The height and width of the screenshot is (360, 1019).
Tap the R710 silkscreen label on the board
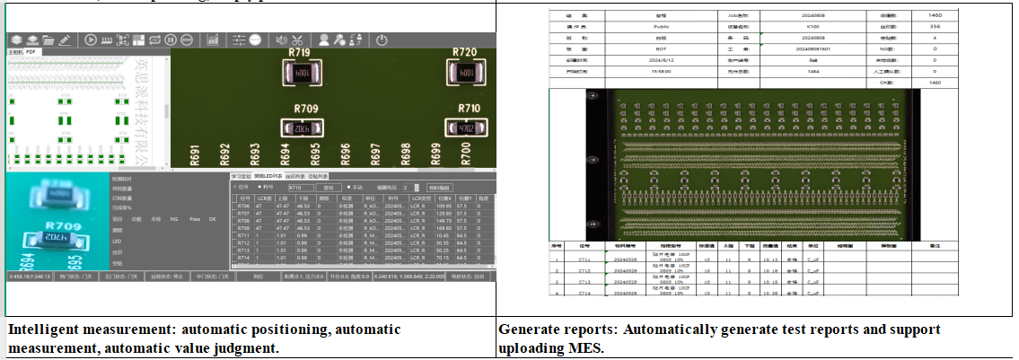[469, 108]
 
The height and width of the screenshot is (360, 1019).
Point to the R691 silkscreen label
[193, 154]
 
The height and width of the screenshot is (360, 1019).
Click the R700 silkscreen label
[466, 154]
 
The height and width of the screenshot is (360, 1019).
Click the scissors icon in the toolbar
[298, 40]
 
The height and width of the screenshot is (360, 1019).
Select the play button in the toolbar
[91, 40]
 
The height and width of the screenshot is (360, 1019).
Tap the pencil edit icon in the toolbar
[64, 40]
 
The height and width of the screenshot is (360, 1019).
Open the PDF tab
[31, 52]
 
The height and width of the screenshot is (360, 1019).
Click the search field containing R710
[300, 187]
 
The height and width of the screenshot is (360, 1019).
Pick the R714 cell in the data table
[242, 257]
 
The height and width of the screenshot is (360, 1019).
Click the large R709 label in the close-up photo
[57, 226]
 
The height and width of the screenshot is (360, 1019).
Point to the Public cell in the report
[663, 29]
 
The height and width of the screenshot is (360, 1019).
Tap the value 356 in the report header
[934, 29]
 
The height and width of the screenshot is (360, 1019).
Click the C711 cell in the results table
[584, 257]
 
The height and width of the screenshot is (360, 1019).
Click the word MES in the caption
[584, 348]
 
